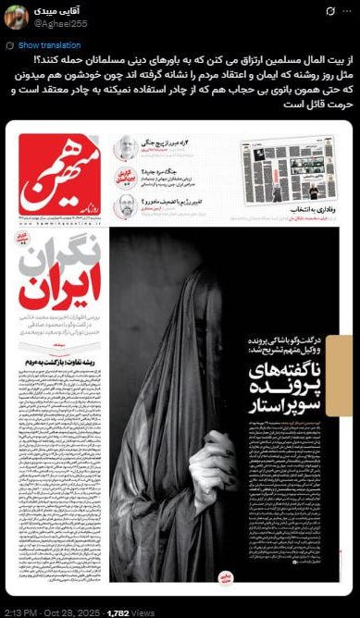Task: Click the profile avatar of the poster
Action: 16,17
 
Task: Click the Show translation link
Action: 49,44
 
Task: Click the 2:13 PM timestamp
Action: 21,611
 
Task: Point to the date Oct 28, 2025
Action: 74,611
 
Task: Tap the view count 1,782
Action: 118,611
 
